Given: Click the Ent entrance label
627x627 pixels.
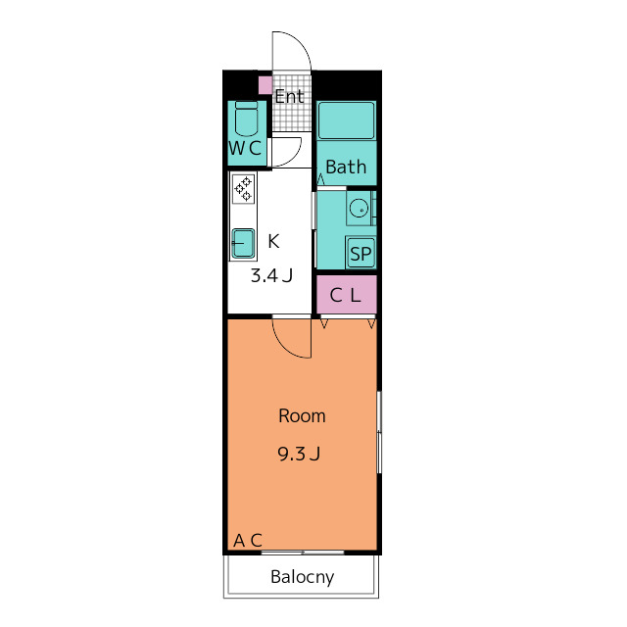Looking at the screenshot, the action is (x=289, y=96).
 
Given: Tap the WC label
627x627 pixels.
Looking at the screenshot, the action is (x=245, y=148).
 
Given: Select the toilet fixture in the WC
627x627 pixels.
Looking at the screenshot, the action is (x=246, y=119).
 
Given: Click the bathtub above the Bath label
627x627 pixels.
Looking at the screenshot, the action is (x=347, y=121).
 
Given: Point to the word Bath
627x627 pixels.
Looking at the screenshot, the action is (x=346, y=167).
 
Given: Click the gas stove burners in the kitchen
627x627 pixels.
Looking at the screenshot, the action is (x=243, y=189).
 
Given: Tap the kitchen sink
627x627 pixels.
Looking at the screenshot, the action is (x=243, y=243).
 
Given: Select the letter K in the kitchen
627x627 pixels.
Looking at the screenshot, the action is (x=273, y=241).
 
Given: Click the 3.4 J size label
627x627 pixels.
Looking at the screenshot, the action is (x=271, y=275).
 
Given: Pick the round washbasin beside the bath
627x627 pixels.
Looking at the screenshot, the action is (x=359, y=209).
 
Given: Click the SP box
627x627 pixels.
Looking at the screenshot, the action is (x=361, y=253).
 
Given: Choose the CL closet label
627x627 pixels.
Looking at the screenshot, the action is (x=346, y=296).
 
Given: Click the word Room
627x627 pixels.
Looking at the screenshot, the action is (x=302, y=415).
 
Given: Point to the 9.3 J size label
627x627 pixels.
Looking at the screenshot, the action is (x=299, y=454).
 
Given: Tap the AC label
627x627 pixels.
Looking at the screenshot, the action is (x=248, y=540).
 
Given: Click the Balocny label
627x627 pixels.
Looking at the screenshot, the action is (x=303, y=577).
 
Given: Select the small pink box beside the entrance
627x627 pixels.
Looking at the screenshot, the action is (x=265, y=85).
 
